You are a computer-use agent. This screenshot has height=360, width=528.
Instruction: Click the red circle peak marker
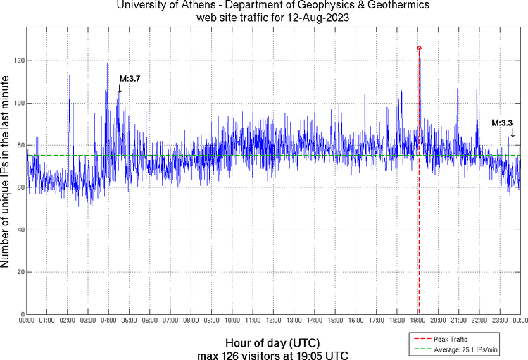click(x=419, y=48)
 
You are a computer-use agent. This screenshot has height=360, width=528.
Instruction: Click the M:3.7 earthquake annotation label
click(x=130, y=78)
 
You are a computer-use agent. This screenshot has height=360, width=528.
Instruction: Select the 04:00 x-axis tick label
click(x=108, y=321)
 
